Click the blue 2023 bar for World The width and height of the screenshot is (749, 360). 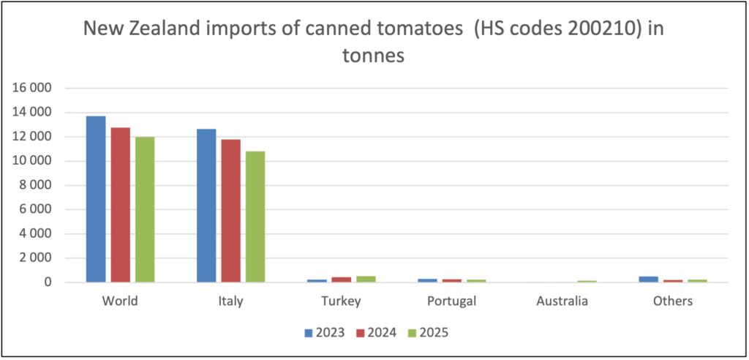pyautogui.click(x=96, y=199)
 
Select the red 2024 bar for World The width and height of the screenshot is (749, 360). pyautogui.click(x=121, y=205)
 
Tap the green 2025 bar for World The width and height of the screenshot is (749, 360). pyautogui.click(x=145, y=209)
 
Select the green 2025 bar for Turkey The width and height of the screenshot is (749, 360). pyautogui.click(x=366, y=279)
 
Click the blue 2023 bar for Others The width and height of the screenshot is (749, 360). pyautogui.click(x=648, y=279)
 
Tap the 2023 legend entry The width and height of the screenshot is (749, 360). pyautogui.click(x=326, y=333)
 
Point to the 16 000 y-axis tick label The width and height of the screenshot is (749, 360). pyautogui.click(x=37, y=89)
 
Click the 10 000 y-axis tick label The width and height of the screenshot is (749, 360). pyautogui.click(x=37, y=161)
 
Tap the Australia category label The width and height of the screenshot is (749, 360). pyautogui.click(x=562, y=301)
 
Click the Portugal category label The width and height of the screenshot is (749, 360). pyautogui.click(x=451, y=301)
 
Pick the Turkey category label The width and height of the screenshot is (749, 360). pyautogui.click(x=341, y=301)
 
